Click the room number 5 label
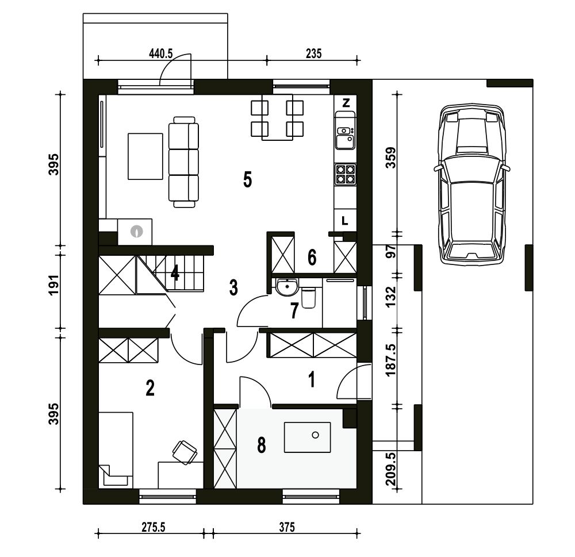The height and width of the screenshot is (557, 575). (x=247, y=180)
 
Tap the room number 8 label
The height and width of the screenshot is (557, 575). (x=262, y=445)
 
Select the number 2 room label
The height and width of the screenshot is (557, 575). (x=150, y=388)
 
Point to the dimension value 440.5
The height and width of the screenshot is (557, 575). (x=160, y=54)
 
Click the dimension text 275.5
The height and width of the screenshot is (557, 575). (x=154, y=527)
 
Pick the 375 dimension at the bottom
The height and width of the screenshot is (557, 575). (x=287, y=527)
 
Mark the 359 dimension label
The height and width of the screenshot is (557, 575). (x=391, y=158)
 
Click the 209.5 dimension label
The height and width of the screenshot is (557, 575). (x=391, y=469)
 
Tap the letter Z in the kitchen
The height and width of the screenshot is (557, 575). (x=346, y=103)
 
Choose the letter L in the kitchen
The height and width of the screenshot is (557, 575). (x=344, y=221)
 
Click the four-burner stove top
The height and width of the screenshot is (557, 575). (x=346, y=174)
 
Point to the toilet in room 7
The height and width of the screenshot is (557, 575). (x=308, y=297)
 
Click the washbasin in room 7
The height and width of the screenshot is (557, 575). (x=287, y=287)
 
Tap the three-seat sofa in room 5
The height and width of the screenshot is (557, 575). (x=183, y=162)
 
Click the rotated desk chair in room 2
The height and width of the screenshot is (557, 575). (x=185, y=452)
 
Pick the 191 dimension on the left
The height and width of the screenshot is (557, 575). (x=54, y=285)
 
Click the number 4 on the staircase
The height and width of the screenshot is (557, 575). (x=175, y=273)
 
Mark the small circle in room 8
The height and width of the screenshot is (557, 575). (x=315, y=435)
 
